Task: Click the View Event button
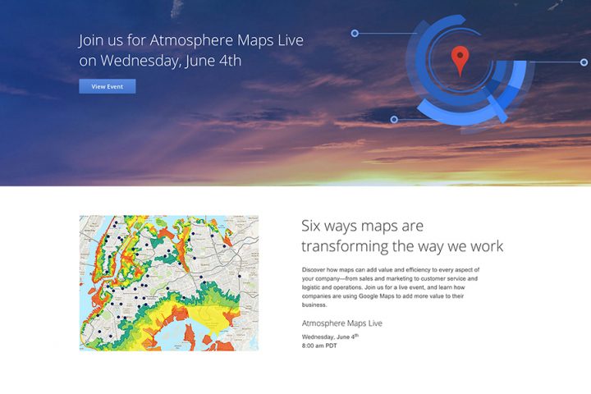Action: click(x=108, y=86)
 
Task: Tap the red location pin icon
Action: click(x=460, y=60)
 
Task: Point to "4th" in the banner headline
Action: click(x=230, y=60)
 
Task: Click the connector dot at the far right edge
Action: click(x=584, y=62)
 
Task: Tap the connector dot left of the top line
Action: click(x=355, y=34)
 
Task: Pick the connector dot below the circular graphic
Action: click(x=394, y=120)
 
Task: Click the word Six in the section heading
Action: click(x=311, y=226)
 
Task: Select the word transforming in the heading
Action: click(x=345, y=246)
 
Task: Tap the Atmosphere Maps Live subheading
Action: click(x=341, y=323)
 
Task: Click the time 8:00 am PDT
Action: click(x=319, y=346)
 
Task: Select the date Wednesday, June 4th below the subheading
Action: click(x=330, y=337)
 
